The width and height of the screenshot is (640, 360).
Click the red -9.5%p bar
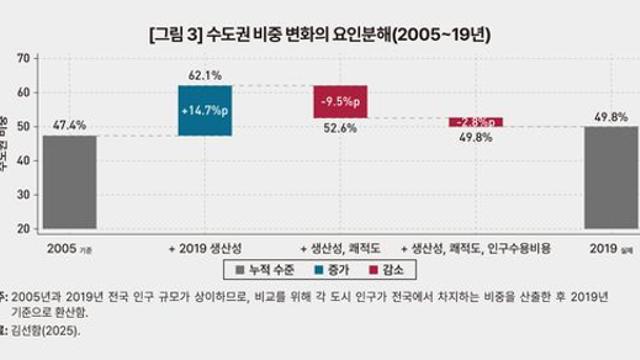pyautogui.click(x=340, y=101)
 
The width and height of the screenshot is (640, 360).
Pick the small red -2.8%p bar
pyautogui.click(x=475, y=122)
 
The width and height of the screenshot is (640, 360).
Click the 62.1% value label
pyautogui.click(x=204, y=75)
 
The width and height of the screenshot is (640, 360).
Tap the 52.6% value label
pyautogui.click(x=340, y=128)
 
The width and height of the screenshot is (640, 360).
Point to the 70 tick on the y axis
pyautogui.click(x=21, y=58)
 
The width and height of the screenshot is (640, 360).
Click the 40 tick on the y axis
pyautogui.click(x=21, y=160)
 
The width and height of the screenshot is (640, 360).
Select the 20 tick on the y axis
pyautogui.click(x=21, y=229)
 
